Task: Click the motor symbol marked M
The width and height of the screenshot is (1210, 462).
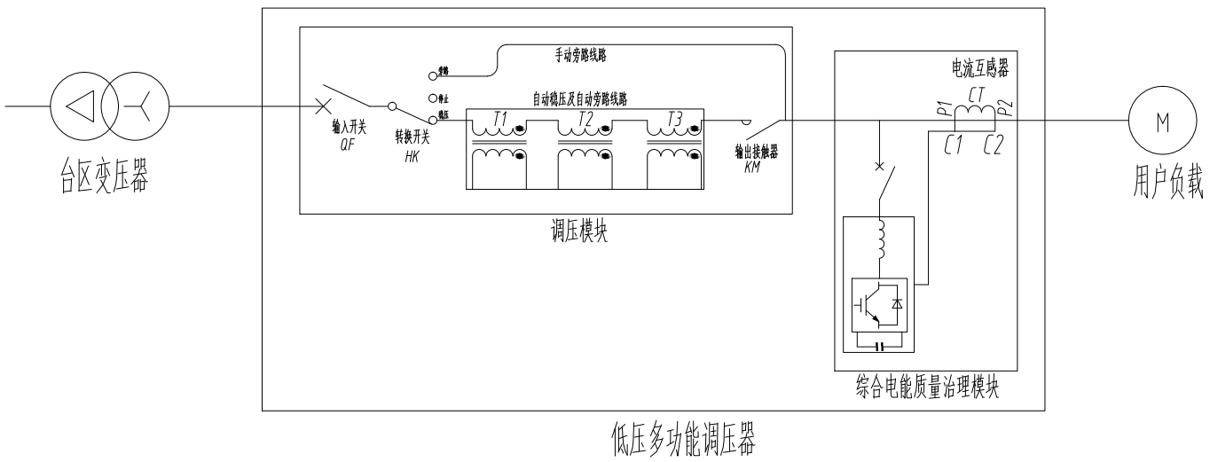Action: pyautogui.click(x=1154, y=120)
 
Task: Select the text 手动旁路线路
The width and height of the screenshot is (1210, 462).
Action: pyautogui.click(x=580, y=56)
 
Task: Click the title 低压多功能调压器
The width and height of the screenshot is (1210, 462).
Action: pyautogui.click(x=682, y=437)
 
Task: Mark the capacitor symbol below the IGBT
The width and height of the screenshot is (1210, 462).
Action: pyautogui.click(x=880, y=344)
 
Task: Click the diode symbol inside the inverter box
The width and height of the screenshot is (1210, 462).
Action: pyautogui.click(x=897, y=304)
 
